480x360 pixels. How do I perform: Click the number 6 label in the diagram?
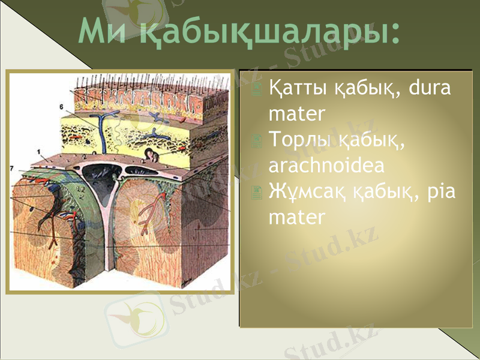[x=61, y=106]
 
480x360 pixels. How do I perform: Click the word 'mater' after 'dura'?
[x=298, y=113]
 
